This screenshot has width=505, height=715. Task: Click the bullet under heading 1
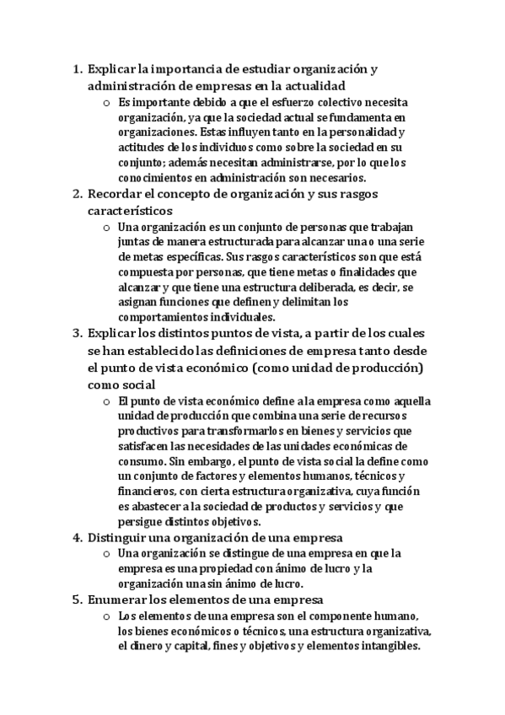(x=105, y=103)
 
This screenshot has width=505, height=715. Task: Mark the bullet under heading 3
(x=105, y=401)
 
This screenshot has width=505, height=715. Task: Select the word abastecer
(x=159, y=507)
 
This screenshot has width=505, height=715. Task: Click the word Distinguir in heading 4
(x=119, y=537)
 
